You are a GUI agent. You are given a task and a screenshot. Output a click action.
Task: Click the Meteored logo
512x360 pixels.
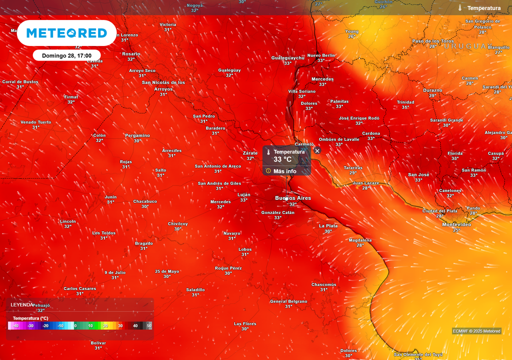tap(66, 33)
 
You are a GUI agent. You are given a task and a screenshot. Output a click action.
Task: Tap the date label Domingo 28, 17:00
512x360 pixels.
tap(66, 55)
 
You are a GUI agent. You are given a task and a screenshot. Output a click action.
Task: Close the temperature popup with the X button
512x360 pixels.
tap(317, 150)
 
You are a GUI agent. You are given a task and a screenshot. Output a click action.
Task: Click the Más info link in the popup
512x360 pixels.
tap(284, 171)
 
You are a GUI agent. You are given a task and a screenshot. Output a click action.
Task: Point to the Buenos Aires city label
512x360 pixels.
tap(293, 198)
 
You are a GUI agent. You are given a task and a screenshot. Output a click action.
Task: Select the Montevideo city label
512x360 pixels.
tap(456, 224)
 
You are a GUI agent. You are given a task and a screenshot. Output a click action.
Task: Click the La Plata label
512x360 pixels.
tap(328, 226)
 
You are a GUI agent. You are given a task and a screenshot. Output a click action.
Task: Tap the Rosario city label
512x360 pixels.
tap(131, 54)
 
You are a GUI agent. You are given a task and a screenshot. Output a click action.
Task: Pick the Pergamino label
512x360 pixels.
tap(137, 135)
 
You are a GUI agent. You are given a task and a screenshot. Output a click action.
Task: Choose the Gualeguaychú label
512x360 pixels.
tap(287, 58)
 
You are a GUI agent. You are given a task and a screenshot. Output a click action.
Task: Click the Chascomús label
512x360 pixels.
tap(323, 284)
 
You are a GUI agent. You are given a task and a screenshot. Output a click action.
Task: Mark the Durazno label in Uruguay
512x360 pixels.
tap(432, 90)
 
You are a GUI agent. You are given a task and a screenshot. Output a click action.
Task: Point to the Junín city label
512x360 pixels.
tap(110, 197)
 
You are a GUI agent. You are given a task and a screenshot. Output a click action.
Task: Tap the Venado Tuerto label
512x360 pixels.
tap(35, 122)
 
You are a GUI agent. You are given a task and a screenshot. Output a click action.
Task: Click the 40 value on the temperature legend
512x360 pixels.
tap(135, 326)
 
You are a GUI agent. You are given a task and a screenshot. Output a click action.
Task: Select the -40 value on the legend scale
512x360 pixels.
tap(15, 326)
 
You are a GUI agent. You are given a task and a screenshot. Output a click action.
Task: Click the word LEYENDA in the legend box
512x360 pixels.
tap(22, 304)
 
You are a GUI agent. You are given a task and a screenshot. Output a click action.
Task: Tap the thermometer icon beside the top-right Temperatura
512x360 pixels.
tap(459, 8)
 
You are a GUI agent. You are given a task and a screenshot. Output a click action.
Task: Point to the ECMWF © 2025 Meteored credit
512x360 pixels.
tap(476, 331)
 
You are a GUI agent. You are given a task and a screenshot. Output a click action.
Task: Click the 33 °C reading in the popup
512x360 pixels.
tap(282, 159)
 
